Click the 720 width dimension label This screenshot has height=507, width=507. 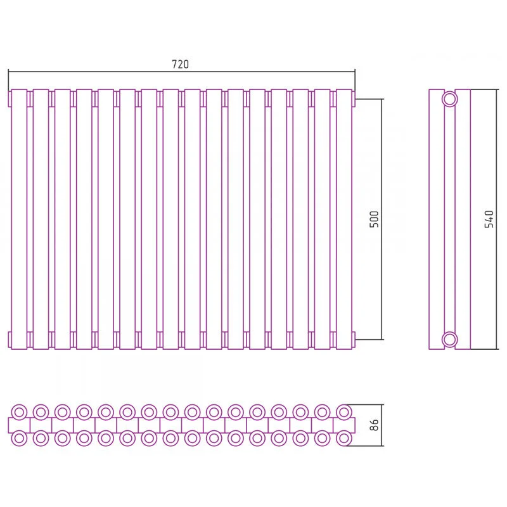pos(180,65)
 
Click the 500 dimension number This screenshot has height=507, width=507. pos(374,219)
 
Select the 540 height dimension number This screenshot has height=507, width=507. pos(489,219)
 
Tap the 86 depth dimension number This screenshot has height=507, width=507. pos(374,425)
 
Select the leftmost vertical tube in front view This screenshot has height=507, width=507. pos(19,219)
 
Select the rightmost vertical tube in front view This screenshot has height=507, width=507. pos(344,219)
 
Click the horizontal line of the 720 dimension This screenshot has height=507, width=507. pos(181,71)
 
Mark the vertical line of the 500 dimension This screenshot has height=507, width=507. pos(382,219)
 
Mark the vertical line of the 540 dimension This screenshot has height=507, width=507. pos(496,219)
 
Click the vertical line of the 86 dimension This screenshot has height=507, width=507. pos(382,425)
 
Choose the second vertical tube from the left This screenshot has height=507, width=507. pos(41,219)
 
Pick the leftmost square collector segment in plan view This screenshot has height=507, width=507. pos(19,425)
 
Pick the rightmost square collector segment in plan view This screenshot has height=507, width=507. pos(344,425)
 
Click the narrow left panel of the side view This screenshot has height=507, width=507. pos(437,219)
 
